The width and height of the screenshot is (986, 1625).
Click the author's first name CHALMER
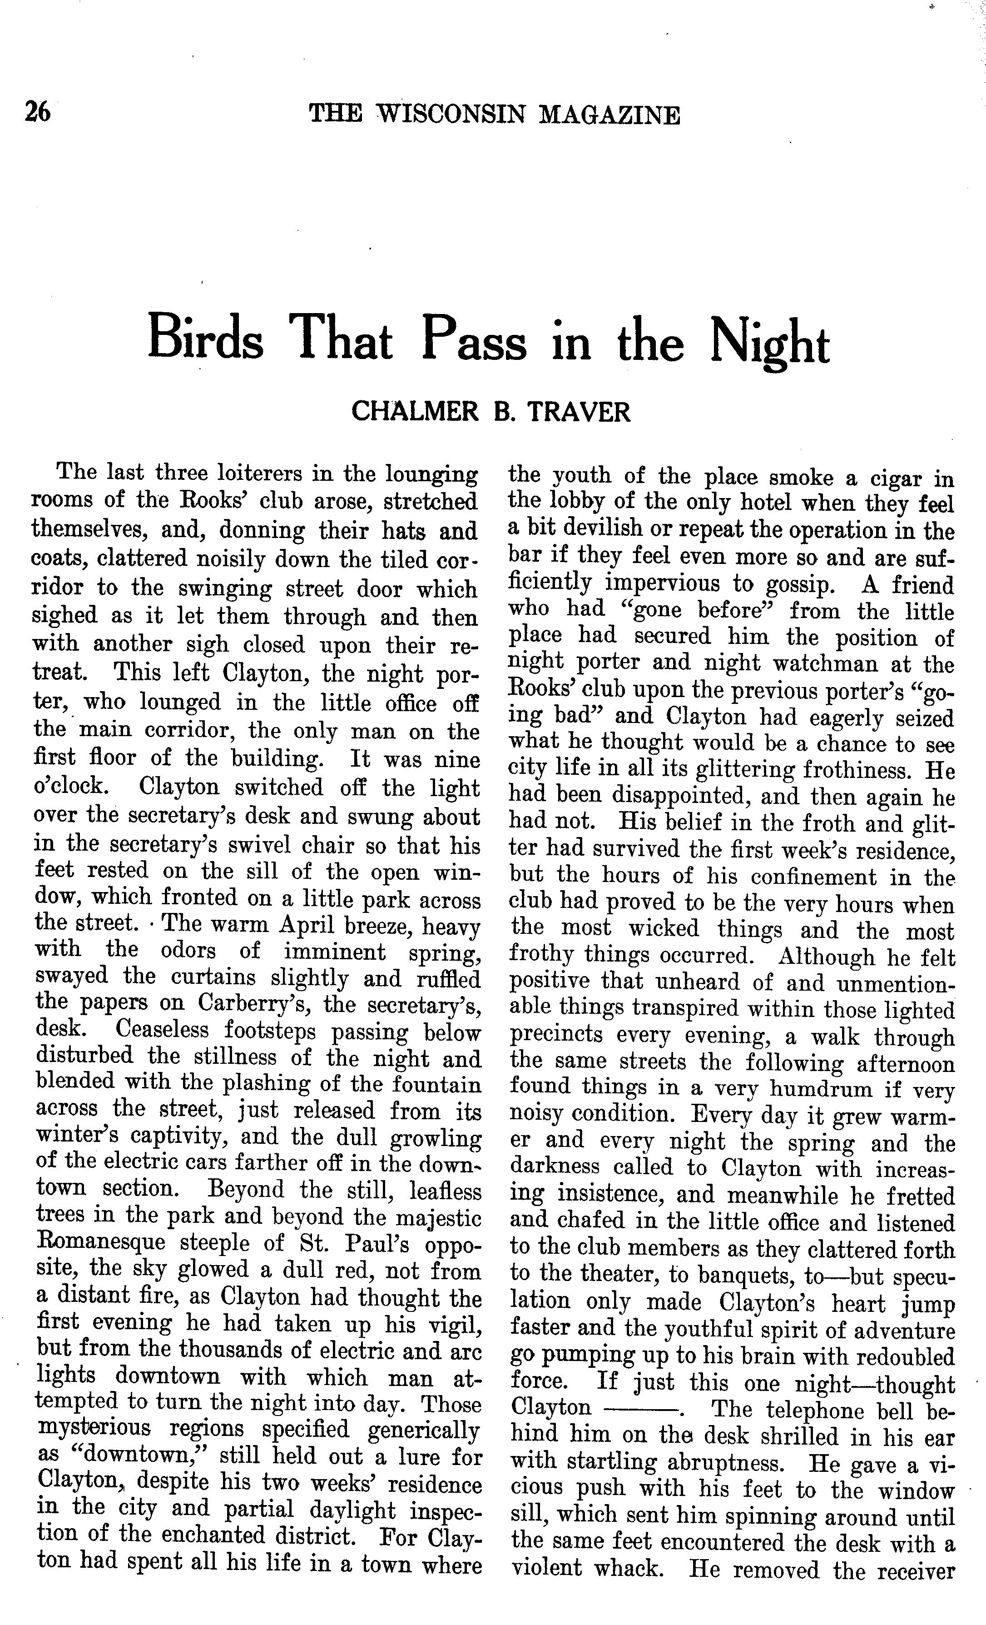[x=415, y=412]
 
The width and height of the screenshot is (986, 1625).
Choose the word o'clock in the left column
[x=69, y=787]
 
